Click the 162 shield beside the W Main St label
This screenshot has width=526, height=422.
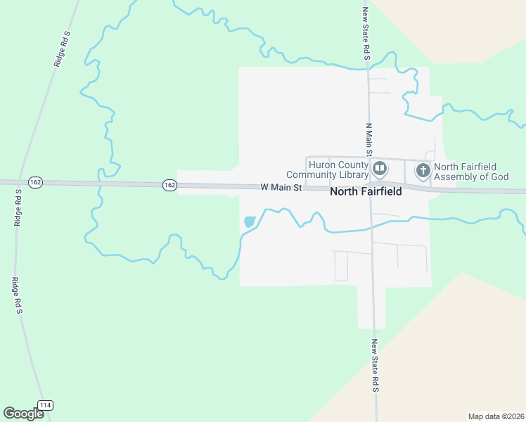coord(169,185)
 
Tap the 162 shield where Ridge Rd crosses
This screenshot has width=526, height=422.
coord(37,182)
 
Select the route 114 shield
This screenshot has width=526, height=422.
coord(45,405)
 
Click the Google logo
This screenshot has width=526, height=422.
coord(23,414)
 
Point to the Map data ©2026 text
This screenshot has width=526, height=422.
coord(495,416)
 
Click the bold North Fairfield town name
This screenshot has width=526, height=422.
coord(366,191)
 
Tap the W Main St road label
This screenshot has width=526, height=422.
coord(281,188)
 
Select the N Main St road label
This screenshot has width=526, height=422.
coord(368,139)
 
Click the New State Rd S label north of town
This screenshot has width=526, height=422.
coord(366,33)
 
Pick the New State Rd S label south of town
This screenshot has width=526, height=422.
coord(376,366)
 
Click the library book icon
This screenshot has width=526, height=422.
coord(380,168)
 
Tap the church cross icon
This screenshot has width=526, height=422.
coord(423,170)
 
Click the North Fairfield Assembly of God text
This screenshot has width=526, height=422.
coord(470,172)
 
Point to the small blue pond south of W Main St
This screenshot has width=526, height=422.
coord(249,222)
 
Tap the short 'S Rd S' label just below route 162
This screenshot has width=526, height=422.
coord(18,207)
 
